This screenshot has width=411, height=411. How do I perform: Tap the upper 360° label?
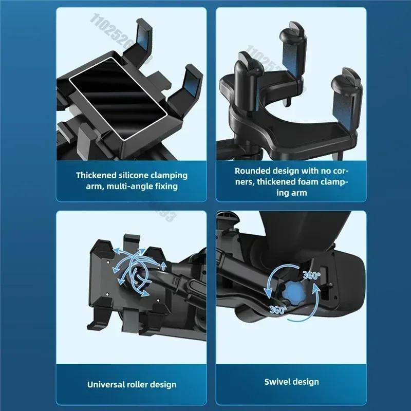point(312,275)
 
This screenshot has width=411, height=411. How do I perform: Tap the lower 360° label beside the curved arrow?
point(277,309)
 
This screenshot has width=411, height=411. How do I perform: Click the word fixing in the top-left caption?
point(165,186)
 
